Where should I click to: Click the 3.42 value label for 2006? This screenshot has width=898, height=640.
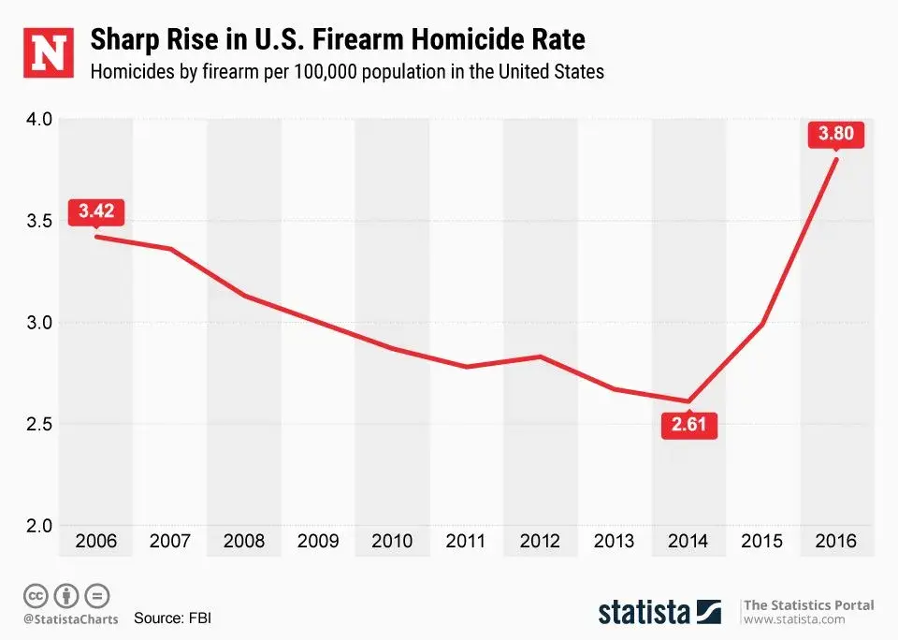[95, 211]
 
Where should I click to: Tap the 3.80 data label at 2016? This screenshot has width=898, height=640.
[835, 135]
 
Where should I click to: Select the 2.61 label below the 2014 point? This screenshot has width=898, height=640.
[688, 427]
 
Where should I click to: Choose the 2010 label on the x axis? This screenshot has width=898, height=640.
[391, 541]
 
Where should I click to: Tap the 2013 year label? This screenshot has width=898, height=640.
[614, 541]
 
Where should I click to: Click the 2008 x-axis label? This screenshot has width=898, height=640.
[243, 541]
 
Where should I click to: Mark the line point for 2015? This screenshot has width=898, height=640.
[762, 325]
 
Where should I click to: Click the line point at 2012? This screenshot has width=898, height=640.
[540, 356]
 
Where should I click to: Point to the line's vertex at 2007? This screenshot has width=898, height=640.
[169, 249]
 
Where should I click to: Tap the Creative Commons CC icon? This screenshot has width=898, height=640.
[36, 595]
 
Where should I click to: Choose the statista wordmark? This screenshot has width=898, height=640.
[645, 613]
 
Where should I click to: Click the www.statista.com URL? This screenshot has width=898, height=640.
[793, 619]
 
